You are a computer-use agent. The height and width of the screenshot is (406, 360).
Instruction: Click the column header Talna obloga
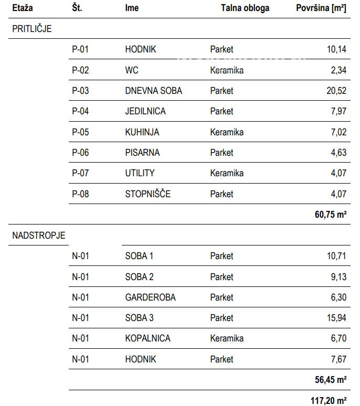(x=245, y=8)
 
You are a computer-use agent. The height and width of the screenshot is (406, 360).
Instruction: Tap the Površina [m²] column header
(x=321, y=8)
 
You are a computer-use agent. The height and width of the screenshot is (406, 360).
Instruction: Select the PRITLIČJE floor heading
(x=32, y=29)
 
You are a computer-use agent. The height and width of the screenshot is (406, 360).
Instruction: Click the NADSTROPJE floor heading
(x=39, y=236)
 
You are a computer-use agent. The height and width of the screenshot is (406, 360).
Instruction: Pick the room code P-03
(x=81, y=91)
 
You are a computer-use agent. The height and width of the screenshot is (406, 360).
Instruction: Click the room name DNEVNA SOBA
(x=154, y=91)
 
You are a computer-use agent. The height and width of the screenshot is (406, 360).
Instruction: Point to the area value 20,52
(x=336, y=91)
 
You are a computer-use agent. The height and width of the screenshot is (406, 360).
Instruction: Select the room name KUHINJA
(x=142, y=132)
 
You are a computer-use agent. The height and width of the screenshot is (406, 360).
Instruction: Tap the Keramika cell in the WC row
(x=227, y=70)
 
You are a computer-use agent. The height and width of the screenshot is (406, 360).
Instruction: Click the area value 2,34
(x=338, y=70)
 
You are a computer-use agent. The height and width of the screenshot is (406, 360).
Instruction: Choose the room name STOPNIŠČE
(x=148, y=194)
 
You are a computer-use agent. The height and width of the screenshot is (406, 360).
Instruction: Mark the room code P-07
(x=81, y=173)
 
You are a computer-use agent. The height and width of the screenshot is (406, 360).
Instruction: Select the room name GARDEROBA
(x=151, y=297)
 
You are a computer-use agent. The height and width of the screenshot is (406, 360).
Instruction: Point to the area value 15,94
(x=336, y=318)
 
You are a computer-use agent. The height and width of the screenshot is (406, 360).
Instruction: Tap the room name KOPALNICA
(x=148, y=338)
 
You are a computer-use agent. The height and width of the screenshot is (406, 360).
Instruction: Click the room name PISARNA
(x=142, y=153)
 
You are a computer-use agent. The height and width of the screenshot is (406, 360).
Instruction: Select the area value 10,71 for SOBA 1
(x=336, y=256)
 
